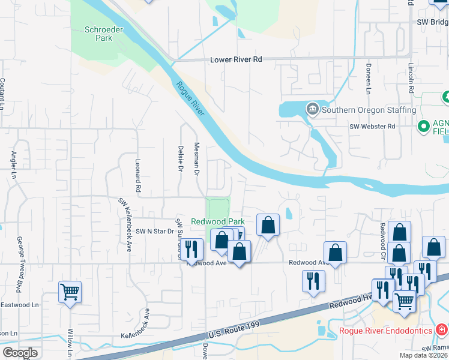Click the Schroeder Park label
coord(98,33)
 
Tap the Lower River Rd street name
coord(237,60)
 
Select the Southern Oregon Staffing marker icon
coord(312,109)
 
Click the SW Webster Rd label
coord(373,127)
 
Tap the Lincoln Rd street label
coord(411,77)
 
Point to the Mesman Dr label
coord(196,159)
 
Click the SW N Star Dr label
coord(154,231)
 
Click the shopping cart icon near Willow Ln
coord(70,292)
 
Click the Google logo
coord(20,352)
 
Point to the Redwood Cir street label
coord(382,238)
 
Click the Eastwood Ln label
coord(14,305)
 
